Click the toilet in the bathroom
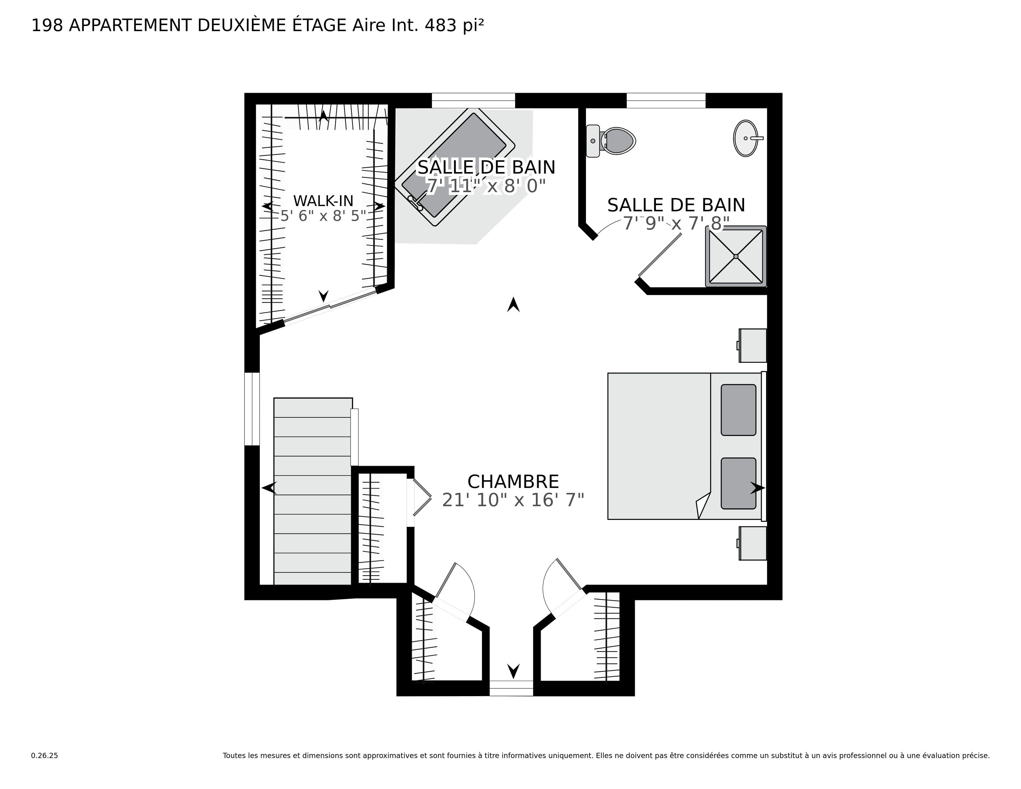(612, 141)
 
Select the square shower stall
(736, 256)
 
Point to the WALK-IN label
(323, 201)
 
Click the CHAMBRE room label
(513, 481)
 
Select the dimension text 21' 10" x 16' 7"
(513, 500)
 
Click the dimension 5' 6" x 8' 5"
(323, 216)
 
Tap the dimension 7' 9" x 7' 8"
(676, 223)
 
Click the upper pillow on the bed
(738, 410)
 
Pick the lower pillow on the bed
(738, 483)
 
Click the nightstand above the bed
(753, 345)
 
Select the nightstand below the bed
(753, 543)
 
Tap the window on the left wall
(252, 409)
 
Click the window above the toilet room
(666, 101)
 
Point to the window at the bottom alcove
(511, 688)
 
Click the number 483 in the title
(440, 26)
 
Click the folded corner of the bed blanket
(703, 506)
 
